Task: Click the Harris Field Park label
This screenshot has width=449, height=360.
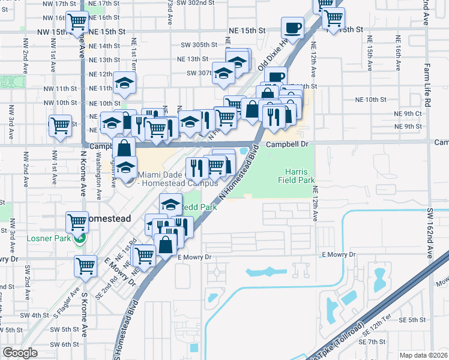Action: (297, 174)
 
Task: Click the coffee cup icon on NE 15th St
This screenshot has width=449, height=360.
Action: (292, 28)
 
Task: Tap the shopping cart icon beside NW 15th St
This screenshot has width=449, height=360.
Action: (77, 23)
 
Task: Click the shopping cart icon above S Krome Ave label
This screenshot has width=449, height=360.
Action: (85, 265)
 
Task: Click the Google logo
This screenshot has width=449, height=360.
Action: (20, 353)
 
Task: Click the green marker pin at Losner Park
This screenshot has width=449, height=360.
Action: (79, 238)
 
